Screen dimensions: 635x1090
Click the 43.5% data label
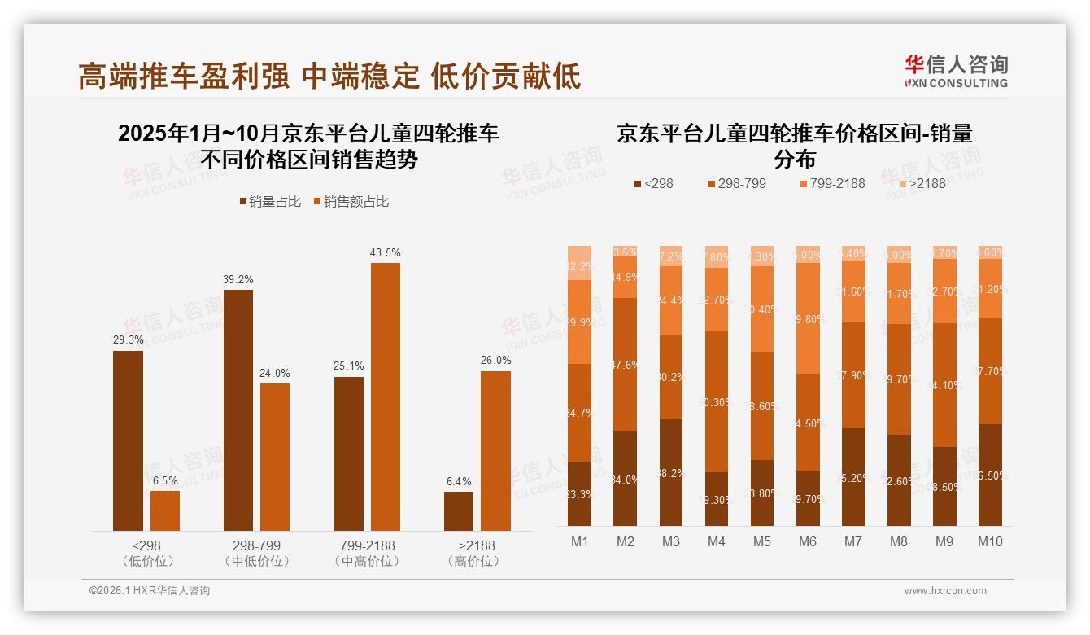click(x=385, y=253)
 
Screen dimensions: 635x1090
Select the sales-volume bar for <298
click(x=128, y=440)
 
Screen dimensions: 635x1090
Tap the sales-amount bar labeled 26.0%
click(x=495, y=451)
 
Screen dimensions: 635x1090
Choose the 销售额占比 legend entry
click(x=351, y=202)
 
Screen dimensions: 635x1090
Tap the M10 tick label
click(x=989, y=541)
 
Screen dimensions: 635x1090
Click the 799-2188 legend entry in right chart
click(x=831, y=183)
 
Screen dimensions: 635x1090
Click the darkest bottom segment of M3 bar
click(x=671, y=472)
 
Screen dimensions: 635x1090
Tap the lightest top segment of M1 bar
click(x=580, y=262)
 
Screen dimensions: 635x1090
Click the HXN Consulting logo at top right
click(x=956, y=71)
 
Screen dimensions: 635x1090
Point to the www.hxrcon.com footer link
click(x=945, y=591)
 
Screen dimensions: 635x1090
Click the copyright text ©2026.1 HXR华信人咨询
click(x=149, y=591)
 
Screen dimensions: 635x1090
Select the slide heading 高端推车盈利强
click(x=183, y=76)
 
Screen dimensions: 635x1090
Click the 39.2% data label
click(x=238, y=279)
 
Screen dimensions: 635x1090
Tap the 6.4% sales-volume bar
click(x=459, y=511)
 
